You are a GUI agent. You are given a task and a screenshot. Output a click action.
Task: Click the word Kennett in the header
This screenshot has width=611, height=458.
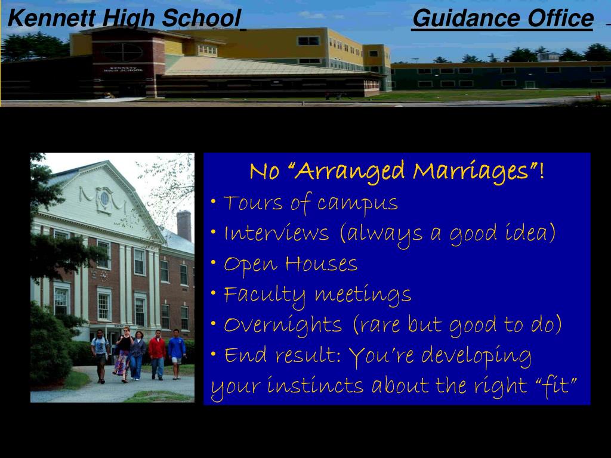tap(51, 18)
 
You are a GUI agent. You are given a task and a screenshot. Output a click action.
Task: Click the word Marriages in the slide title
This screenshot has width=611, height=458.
tap(471, 171)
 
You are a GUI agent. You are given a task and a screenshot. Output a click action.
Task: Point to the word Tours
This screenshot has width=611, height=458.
tap(253, 203)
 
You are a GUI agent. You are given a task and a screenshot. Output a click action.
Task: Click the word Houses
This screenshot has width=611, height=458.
tap(321, 264)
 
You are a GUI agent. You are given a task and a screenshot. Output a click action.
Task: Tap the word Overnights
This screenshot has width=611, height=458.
tap(283, 326)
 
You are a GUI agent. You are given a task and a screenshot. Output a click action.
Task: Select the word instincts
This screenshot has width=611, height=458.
tap(315, 386)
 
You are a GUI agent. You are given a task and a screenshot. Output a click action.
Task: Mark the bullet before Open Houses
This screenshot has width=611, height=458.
tap(213, 262)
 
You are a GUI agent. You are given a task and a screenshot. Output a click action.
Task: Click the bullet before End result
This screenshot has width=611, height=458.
tap(213, 354)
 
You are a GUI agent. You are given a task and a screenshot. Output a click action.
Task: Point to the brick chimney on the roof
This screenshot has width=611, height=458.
tap(184, 225)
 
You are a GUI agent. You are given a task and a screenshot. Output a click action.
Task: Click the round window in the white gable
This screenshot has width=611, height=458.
tap(104, 199)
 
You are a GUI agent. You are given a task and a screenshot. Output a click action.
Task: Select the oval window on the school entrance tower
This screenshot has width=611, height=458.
tap(123, 52)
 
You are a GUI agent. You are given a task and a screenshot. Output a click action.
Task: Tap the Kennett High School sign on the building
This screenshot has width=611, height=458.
tap(123, 69)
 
